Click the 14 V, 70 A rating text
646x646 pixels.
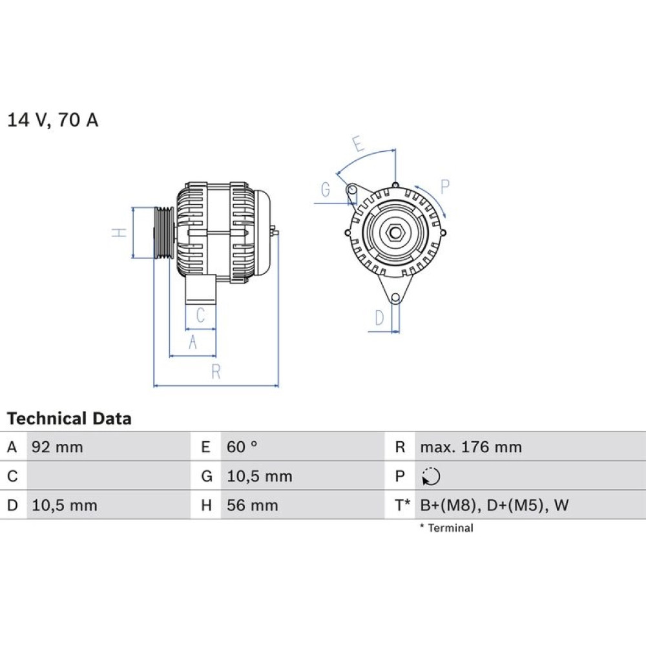pyautogui.click(x=53, y=120)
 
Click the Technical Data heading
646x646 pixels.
pyautogui.click(x=69, y=419)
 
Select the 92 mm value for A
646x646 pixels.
pyautogui.click(x=57, y=447)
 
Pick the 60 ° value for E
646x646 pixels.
pyautogui.click(x=242, y=447)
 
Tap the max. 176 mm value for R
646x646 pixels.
pyautogui.click(x=471, y=447)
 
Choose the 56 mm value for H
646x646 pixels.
pyautogui.click(x=252, y=505)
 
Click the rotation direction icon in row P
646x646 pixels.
pyautogui.click(x=431, y=477)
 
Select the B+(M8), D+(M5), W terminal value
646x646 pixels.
pyautogui.click(x=494, y=505)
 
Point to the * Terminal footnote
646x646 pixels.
pyautogui.click(x=446, y=528)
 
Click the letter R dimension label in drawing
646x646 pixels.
pyautogui.click(x=216, y=371)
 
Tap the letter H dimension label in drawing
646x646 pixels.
pyautogui.click(x=119, y=233)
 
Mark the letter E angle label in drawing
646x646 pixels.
pyautogui.click(x=358, y=144)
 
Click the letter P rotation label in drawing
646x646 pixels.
pyautogui.click(x=444, y=187)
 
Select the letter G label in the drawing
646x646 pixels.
pyautogui.click(x=326, y=189)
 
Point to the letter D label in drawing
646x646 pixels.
pyautogui.click(x=379, y=318)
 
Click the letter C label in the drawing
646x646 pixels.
pyautogui.click(x=201, y=316)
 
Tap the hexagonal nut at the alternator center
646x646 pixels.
pyautogui.click(x=395, y=233)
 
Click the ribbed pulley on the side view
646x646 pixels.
pyautogui.click(x=164, y=233)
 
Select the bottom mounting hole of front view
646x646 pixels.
pyautogui.click(x=395, y=298)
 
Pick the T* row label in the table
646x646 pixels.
pyautogui.click(x=402, y=505)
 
